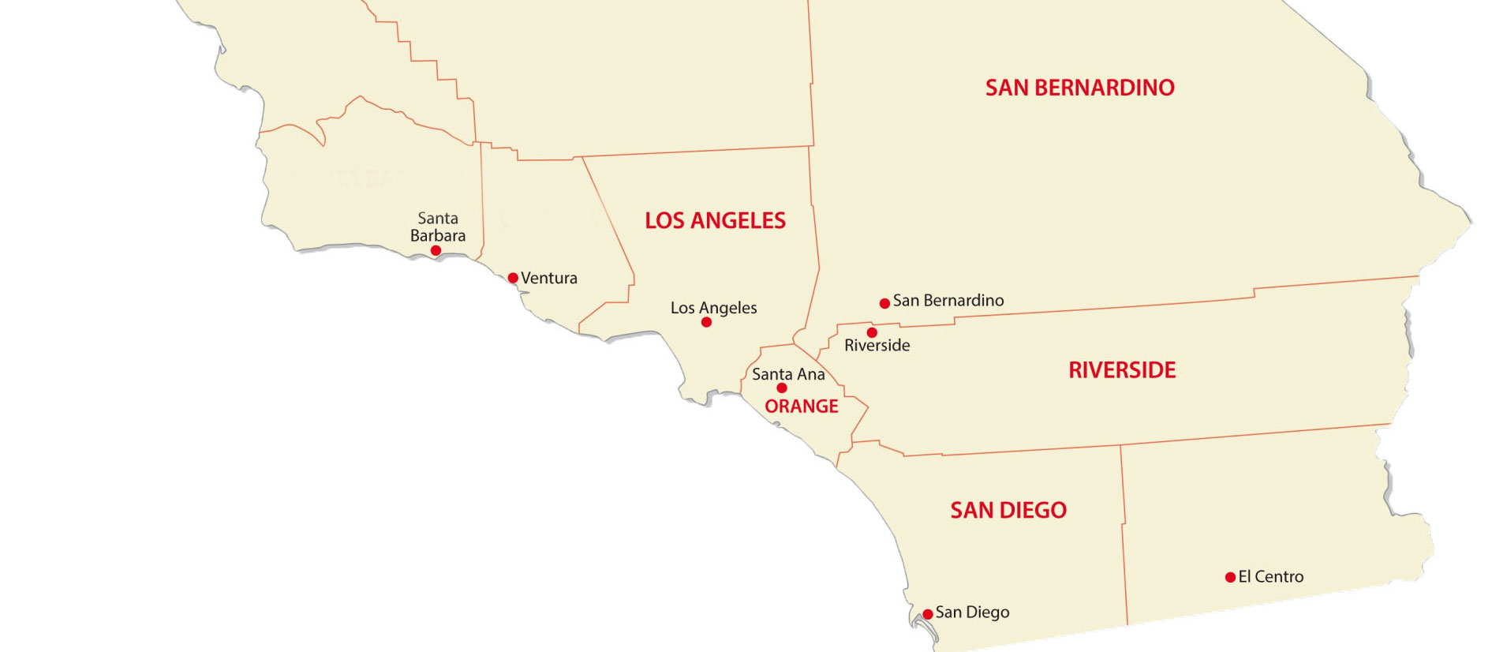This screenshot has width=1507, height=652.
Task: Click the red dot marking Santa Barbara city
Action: pos(436,250)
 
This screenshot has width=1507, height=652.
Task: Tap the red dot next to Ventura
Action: pos(513,278)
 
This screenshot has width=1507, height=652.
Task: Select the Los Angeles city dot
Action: pos(706,322)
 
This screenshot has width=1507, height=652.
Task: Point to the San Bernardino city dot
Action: pos(884,303)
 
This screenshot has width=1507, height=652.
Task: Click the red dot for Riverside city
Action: pos(872,332)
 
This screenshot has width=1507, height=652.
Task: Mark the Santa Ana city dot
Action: pos(782,388)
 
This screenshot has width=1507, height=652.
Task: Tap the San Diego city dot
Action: pos(928,614)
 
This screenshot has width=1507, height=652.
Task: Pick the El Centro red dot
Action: pos(1230,578)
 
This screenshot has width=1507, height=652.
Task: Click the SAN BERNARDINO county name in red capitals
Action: pos(1079,88)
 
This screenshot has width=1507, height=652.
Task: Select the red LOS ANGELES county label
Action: pos(715,220)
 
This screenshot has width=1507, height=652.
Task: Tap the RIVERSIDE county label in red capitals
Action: pos(1122,370)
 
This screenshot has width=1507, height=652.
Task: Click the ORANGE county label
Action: pos(801,407)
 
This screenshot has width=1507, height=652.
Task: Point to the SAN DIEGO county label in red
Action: pos(1008,511)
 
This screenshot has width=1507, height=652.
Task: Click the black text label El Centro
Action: pos(1270,577)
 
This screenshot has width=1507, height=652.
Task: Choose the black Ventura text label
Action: pos(549,278)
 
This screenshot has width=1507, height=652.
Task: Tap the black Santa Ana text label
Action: pos(788,374)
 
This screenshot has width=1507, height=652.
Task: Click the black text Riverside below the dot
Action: pos(877,346)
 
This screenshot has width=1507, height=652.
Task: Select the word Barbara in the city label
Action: pos(438,235)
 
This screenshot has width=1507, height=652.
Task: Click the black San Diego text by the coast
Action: pos(972,613)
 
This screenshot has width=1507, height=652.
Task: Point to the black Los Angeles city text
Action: pos(713,308)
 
